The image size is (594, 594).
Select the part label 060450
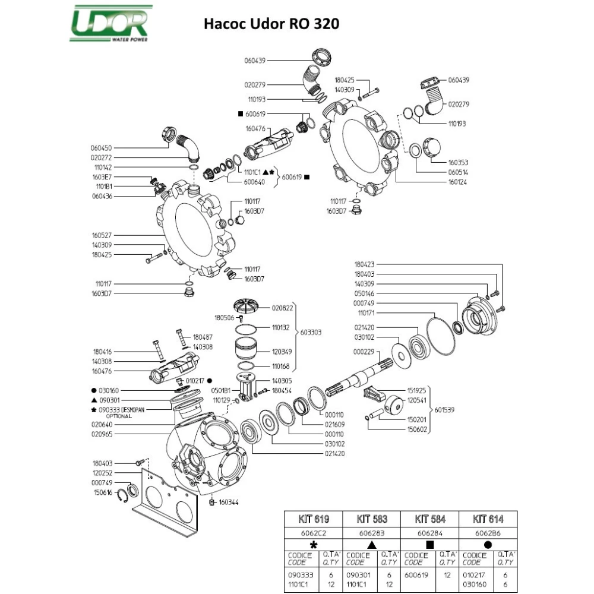coord(102,148)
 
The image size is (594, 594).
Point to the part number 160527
coord(102,235)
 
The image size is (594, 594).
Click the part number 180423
coord(365,264)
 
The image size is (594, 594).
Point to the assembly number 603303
coord(311,333)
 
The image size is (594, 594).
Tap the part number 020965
coord(102,434)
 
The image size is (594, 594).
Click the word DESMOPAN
coord(131,410)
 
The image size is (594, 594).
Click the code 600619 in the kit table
coord(416,575)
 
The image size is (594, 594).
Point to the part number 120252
coord(102,473)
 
